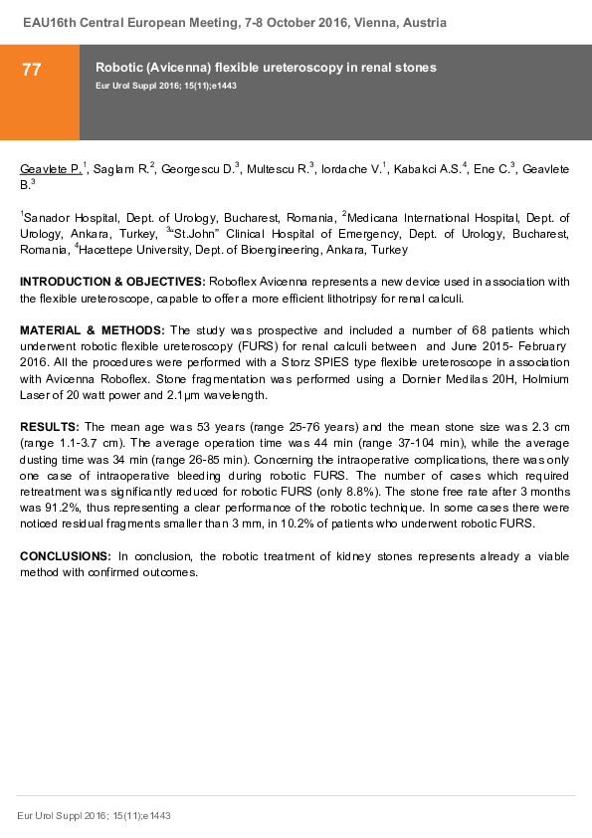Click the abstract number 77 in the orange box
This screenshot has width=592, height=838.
(x=32, y=69)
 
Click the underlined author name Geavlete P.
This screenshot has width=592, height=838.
(x=51, y=169)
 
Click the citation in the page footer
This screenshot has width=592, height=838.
(x=95, y=815)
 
